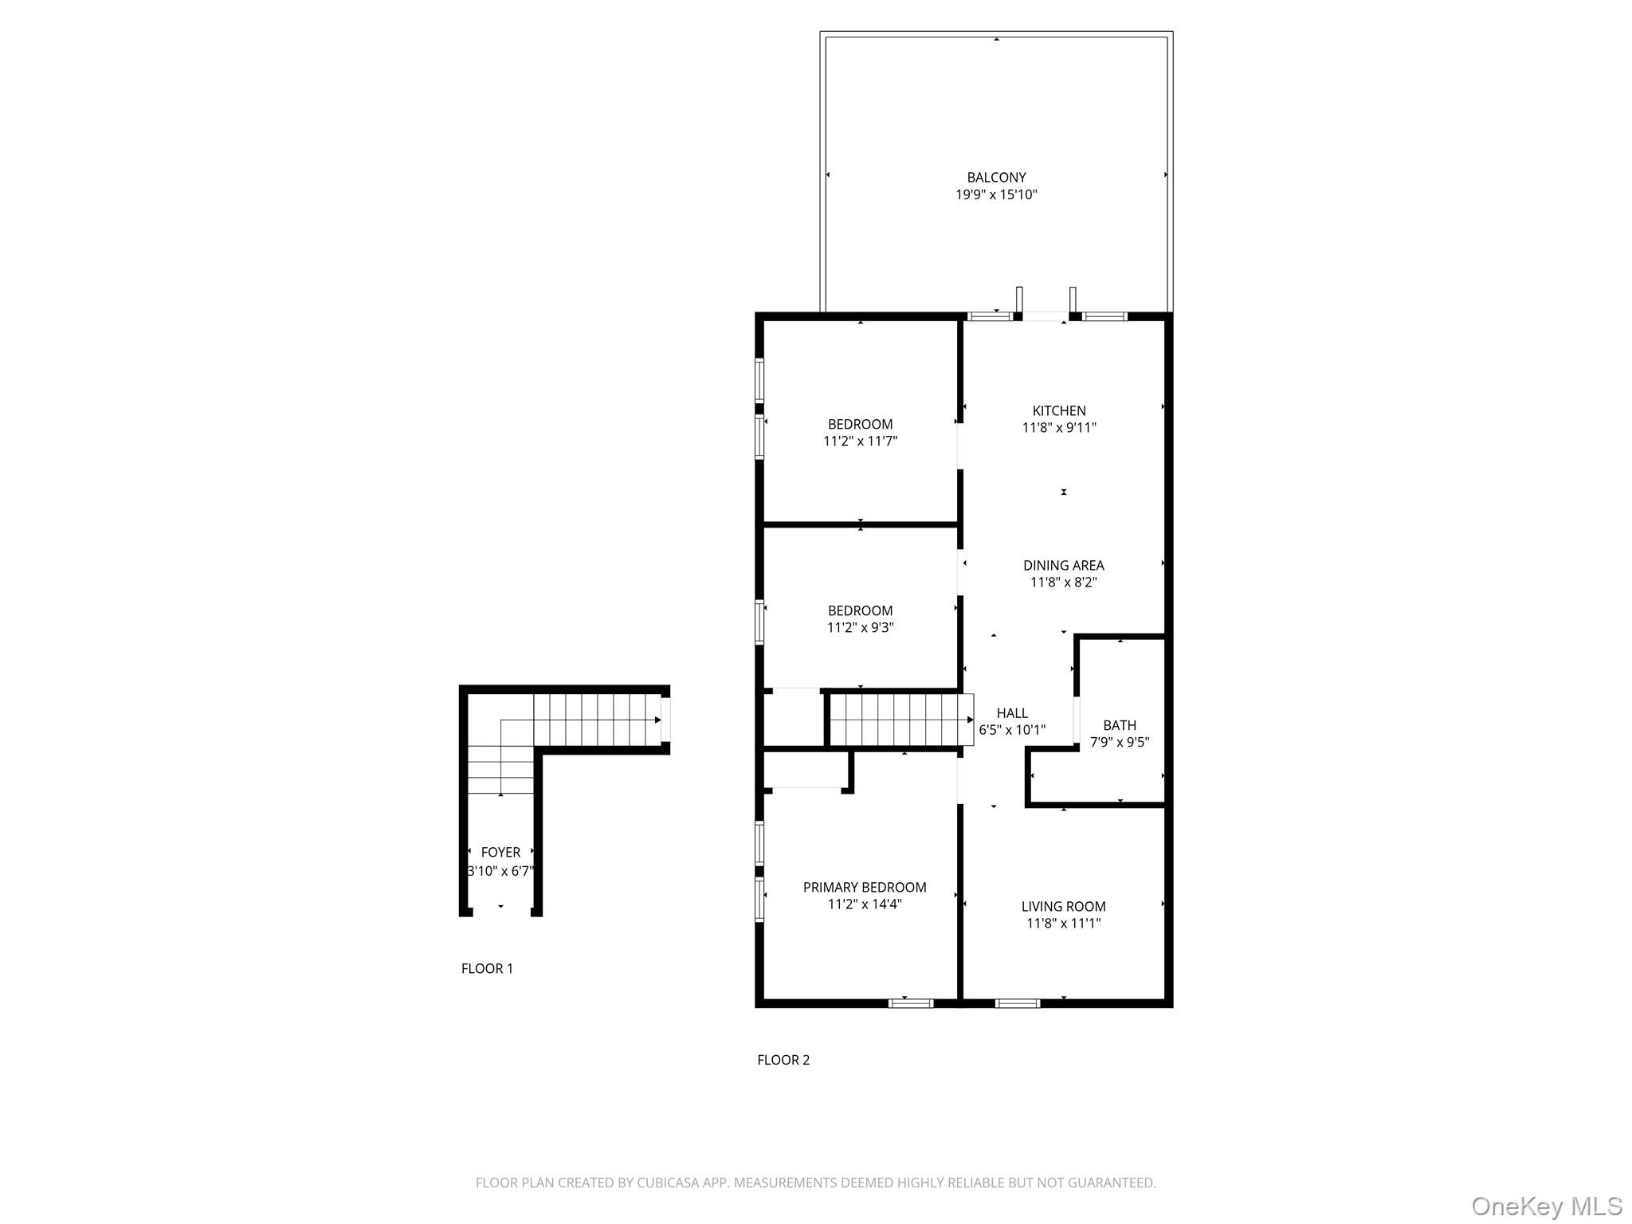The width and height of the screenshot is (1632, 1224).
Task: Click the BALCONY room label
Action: point(996,178)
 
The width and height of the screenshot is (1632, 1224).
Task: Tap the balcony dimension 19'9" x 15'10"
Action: point(996,194)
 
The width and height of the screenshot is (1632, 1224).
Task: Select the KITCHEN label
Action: point(1059,411)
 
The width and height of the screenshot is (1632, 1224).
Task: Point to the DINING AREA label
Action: point(1063,566)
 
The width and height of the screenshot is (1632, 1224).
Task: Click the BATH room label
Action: point(1120,725)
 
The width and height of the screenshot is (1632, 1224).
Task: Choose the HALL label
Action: point(1012,713)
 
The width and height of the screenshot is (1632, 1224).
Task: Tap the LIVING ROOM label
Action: point(1063,906)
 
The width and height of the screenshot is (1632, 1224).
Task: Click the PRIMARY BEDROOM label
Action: point(865,887)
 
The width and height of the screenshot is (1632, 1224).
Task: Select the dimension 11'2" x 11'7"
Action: point(860,441)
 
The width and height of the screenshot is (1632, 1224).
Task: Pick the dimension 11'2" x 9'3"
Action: point(860,628)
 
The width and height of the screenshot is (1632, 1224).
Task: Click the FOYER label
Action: point(500,853)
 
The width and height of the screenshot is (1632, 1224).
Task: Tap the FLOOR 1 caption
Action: point(487,968)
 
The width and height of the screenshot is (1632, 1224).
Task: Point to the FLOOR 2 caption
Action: point(783,1060)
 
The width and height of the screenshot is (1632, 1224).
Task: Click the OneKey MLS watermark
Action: point(1546,1206)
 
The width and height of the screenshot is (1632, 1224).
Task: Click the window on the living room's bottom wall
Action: point(1018,1003)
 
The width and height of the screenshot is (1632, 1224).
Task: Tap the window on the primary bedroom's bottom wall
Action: point(910,1003)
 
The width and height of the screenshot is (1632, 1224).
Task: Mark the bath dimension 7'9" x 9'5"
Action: point(1120,743)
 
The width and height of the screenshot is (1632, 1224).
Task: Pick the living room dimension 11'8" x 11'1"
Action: point(1063,924)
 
